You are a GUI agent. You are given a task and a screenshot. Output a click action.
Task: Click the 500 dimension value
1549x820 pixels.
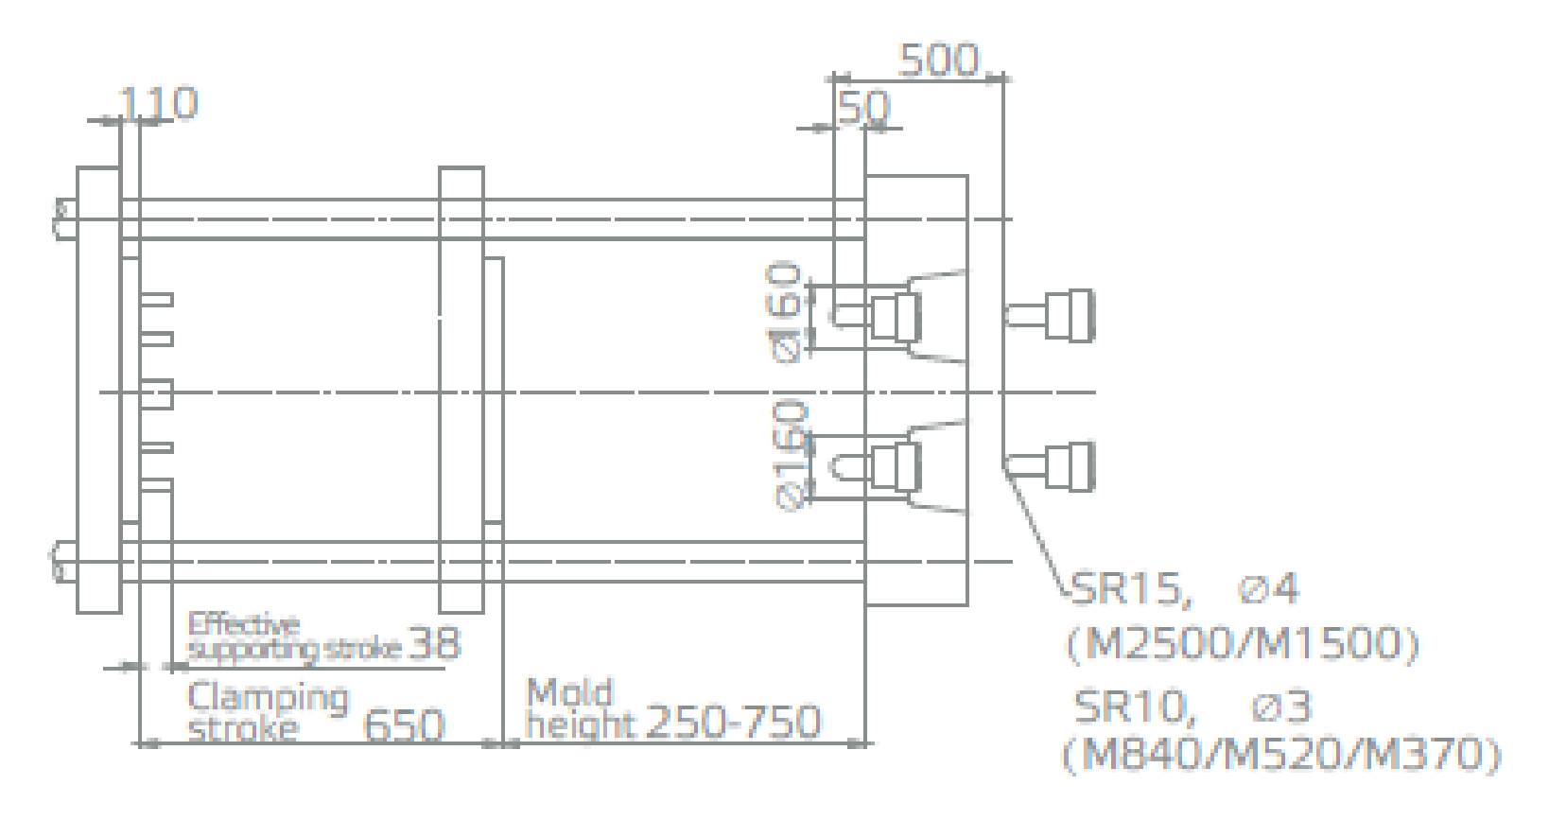938,61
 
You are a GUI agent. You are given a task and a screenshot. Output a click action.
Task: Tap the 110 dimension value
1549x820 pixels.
158,103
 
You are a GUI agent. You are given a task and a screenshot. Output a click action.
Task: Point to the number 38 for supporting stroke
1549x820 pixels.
434,643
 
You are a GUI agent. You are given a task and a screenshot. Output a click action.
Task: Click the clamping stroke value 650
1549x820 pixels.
404,724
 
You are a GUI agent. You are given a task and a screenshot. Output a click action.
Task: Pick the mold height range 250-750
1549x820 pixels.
733,721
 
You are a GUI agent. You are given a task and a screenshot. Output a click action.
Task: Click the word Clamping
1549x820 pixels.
269,698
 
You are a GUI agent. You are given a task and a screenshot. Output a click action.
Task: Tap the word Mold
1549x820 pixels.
570,692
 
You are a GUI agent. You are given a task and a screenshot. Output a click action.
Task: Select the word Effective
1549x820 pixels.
243,623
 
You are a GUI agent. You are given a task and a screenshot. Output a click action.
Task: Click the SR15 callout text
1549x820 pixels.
1131,590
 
